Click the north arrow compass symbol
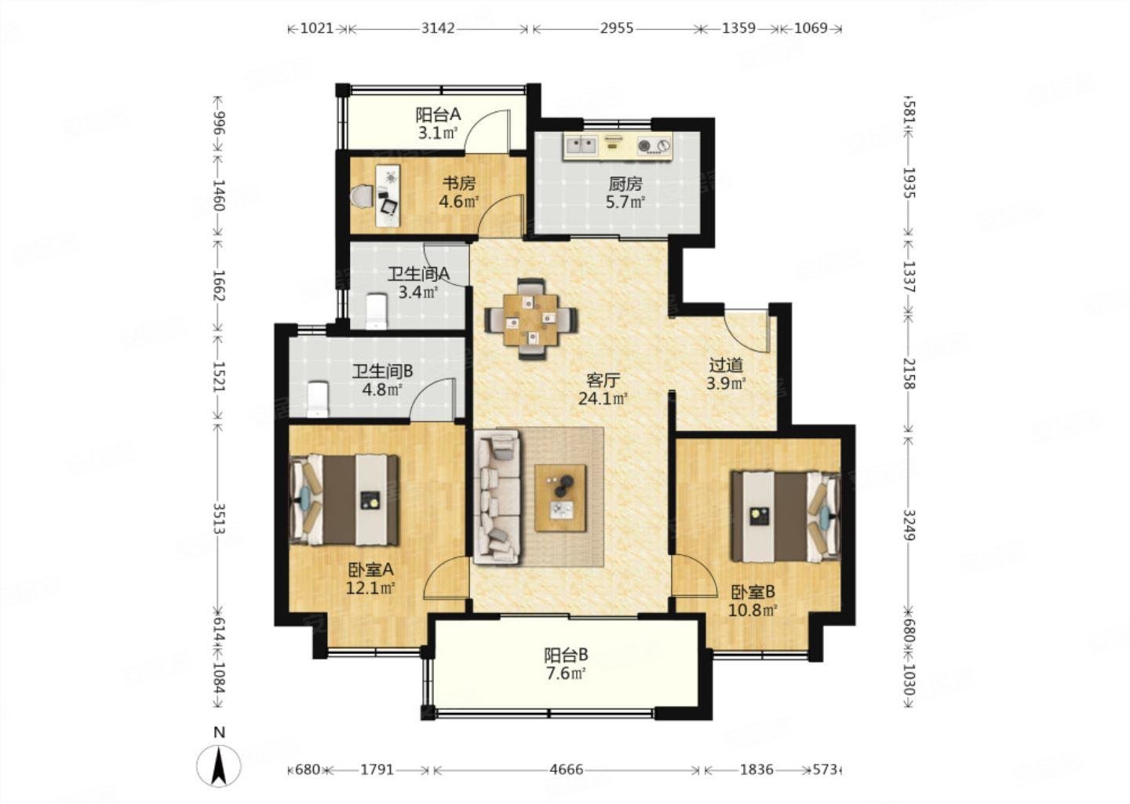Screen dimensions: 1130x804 [218, 766]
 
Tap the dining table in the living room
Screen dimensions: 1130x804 [532, 320]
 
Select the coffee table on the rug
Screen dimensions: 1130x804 [560, 498]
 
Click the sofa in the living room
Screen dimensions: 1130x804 [496, 496]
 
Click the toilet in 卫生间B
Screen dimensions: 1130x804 [318, 400]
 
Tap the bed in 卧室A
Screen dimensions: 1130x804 [344, 500]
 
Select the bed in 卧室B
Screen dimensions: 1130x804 [786, 517]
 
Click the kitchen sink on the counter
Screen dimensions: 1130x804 [581, 144]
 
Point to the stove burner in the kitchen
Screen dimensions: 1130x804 [654, 145]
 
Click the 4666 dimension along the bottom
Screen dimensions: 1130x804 [566, 769]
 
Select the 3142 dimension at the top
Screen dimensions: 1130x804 [438, 28]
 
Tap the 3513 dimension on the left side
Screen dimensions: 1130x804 [218, 518]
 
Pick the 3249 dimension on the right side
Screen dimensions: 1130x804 [909, 526]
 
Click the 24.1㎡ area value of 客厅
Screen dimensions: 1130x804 [603, 399]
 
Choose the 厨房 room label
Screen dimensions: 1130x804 [625, 183]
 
